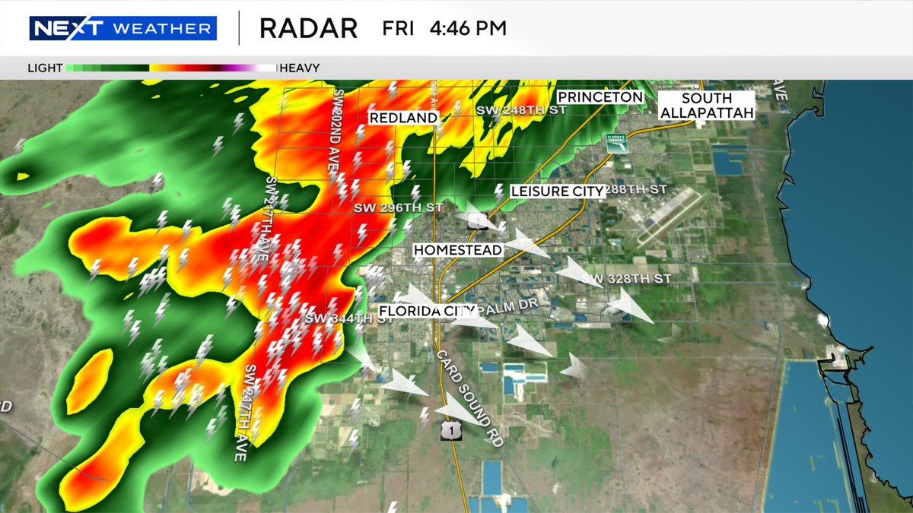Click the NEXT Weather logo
(x=123, y=29)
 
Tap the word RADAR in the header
(x=308, y=29)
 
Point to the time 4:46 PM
(x=468, y=29)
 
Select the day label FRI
(x=399, y=29)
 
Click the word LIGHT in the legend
(x=45, y=68)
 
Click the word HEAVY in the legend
(x=300, y=68)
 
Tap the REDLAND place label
(x=403, y=118)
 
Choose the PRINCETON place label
(x=600, y=97)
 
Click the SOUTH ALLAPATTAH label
(x=707, y=106)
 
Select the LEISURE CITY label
(x=558, y=192)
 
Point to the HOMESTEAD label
(x=458, y=250)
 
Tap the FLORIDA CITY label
(x=427, y=311)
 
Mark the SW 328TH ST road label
(x=626, y=280)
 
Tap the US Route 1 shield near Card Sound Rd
(x=451, y=431)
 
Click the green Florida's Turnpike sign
(x=616, y=143)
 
